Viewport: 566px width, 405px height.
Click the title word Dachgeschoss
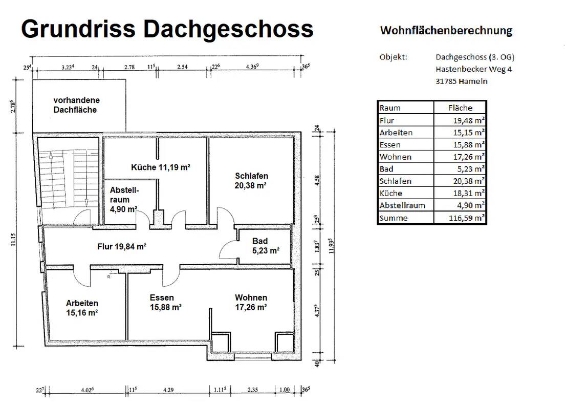point(228,29)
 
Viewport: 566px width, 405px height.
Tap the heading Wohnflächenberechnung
point(446,31)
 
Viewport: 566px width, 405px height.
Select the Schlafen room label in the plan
point(251,181)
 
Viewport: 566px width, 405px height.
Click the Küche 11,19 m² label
point(161,167)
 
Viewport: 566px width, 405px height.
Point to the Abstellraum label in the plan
point(124,199)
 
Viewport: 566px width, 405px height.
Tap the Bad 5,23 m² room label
point(265,246)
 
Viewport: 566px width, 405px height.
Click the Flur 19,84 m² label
point(122,246)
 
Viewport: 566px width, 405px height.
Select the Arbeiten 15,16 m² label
point(82,308)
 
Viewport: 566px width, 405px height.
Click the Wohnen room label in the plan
point(251,303)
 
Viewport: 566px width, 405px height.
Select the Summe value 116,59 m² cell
point(460,218)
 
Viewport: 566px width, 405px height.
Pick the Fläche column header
point(460,108)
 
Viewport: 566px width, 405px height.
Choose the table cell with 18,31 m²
point(460,194)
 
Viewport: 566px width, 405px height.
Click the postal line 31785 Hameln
point(462,81)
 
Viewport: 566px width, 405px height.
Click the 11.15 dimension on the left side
point(13,239)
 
